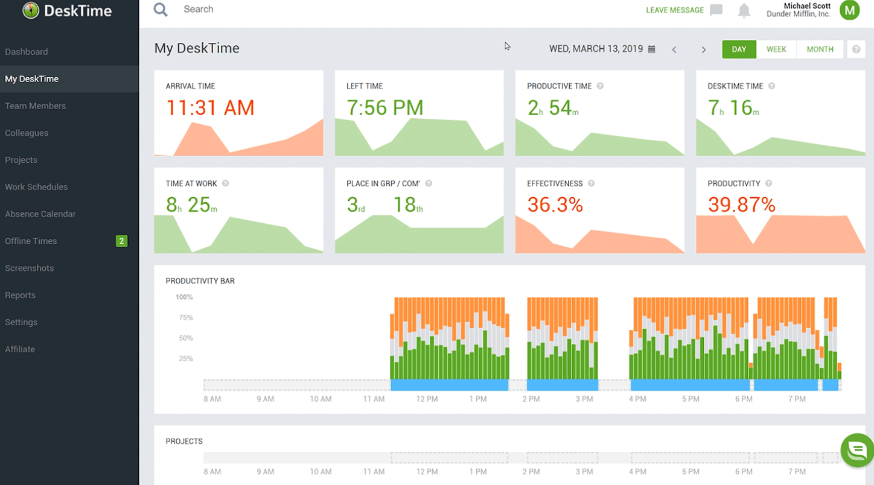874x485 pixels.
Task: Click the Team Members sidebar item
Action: (x=35, y=106)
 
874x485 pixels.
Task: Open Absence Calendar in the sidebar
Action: (x=40, y=214)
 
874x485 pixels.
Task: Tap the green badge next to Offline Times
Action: (x=121, y=241)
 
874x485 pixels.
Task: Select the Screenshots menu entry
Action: (x=29, y=268)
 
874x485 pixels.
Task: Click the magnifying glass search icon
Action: (x=161, y=10)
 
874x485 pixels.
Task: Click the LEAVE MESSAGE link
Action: (x=675, y=10)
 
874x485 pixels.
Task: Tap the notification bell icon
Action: (x=744, y=10)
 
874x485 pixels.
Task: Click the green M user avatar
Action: (x=850, y=10)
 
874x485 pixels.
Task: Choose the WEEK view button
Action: (x=776, y=49)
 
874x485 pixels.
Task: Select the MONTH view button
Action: (x=820, y=49)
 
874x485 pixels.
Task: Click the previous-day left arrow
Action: (x=674, y=50)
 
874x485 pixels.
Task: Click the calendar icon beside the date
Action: (x=652, y=49)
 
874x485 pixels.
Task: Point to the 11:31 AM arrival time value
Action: (x=210, y=107)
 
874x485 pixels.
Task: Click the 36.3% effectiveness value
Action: (x=555, y=205)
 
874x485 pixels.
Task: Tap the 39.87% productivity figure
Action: (x=741, y=205)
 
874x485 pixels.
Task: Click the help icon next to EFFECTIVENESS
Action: (x=592, y=183)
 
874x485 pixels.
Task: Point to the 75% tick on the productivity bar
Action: (x=184, y=318)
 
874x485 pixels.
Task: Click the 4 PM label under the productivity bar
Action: (x=637, y=399)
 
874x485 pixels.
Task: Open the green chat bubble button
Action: (x=857, y=449)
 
